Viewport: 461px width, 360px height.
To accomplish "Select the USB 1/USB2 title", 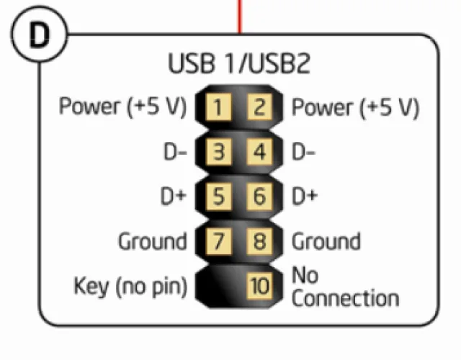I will tap(239, 63).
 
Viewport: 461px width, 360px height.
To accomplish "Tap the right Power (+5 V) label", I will tap(355, 108).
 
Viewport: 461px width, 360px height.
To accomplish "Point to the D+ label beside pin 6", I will tap(305, 196).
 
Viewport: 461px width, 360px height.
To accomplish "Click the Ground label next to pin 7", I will tap(152, 241).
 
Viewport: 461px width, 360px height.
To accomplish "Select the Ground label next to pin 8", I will tap(326, 241).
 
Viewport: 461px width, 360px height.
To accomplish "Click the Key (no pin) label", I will tap(130, 287).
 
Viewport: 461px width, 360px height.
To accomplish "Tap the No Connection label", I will tap(344, 287).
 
